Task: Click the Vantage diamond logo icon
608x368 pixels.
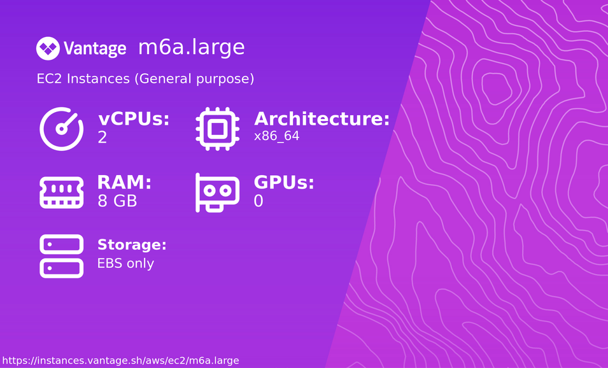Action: pos(48,48)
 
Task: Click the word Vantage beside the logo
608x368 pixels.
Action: pos(95,49)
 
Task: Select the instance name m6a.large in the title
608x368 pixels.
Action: pos(191,47)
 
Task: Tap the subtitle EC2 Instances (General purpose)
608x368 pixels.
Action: pos(145,79)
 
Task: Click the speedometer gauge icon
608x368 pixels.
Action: pos(62,129)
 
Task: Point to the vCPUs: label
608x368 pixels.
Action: pos(134,119)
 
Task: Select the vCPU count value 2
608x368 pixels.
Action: pos(103,138)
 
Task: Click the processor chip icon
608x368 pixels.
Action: pos(217,129)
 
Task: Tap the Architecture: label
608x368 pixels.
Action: pos(322,119)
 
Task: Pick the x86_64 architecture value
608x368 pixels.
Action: pos(276,136)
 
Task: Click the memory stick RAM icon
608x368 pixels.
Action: pos(62,192)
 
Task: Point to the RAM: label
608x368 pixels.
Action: pos(124,183)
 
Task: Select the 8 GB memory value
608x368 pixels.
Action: pos(117,201)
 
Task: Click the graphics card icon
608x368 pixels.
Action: pos(217,192)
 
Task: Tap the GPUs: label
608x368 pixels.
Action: pos(284,183)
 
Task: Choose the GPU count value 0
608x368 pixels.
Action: pos(258,201)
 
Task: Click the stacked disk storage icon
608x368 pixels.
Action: pos(62,256)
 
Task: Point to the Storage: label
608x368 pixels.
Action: pos(132,245)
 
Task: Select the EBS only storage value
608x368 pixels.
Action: pos(125,263)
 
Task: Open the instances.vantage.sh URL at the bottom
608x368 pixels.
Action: pos(121,361)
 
